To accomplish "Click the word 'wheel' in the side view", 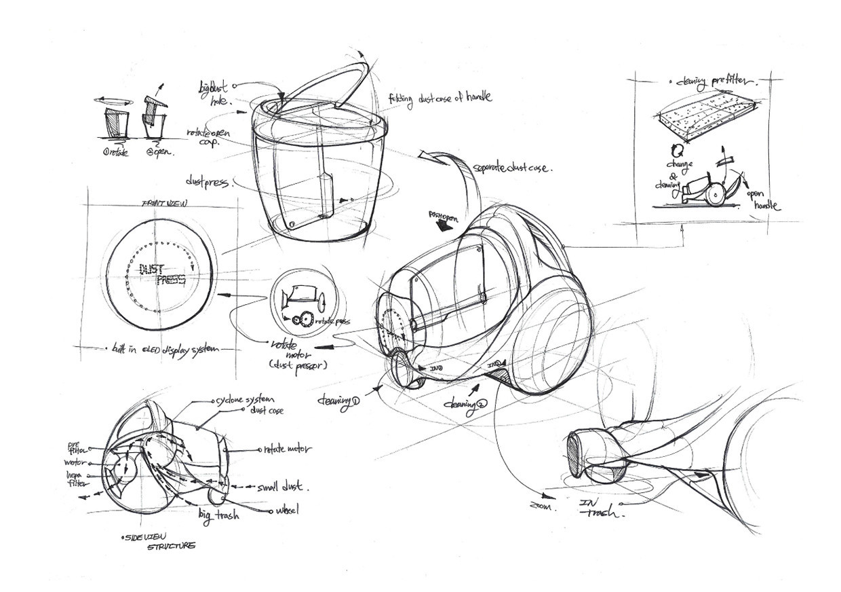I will click(x=286, y=509).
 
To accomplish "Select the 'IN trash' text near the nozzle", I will click(x=599, y=508).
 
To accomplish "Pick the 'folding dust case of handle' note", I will click(x=439, y=98).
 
